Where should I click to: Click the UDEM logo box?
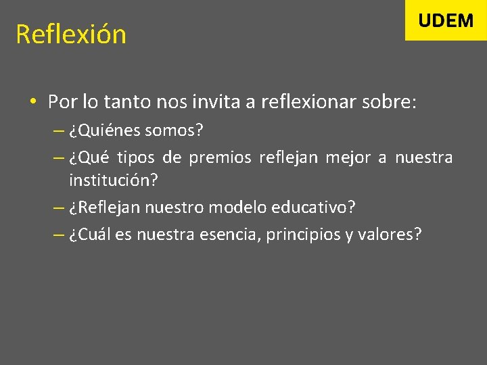pos(446,20)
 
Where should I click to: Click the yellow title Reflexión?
pos(71,34)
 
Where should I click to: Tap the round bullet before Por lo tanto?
pos(32,103)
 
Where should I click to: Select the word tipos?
pos(136,158)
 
